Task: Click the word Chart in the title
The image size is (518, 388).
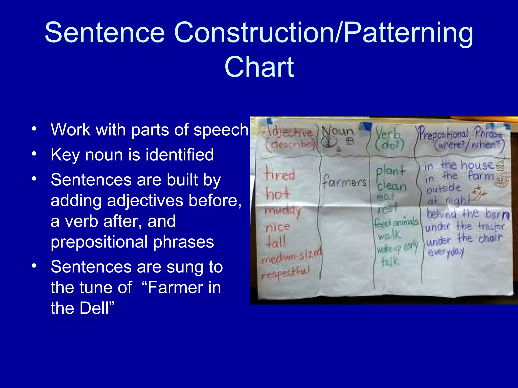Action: tap(259, 67)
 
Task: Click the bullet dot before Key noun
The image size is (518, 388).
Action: tap(34, 154)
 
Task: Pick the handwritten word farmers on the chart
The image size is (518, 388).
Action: tap(344, 182)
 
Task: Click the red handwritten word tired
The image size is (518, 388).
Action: tap(280, 174)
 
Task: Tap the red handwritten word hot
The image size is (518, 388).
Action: tap(277, 193)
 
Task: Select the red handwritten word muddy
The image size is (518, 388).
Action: tap(283, 211)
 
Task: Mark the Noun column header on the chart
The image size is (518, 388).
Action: tap(338, 131)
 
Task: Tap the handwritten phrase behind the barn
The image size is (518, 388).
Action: tap(468, 214)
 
